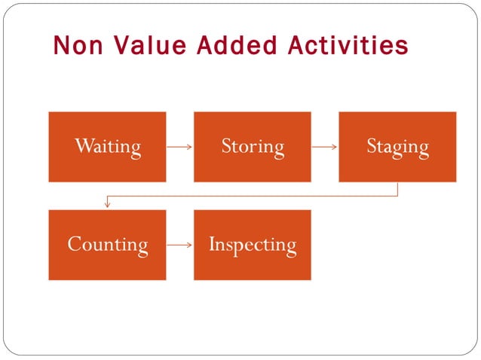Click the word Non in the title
pos(78,45)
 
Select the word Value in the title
pos(150,45)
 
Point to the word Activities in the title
pos(349,45)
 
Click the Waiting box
pos(107,147)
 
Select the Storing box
pos(253,147)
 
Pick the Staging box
pos(397,147)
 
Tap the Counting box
pos(107,245)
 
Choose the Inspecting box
pos(253,245)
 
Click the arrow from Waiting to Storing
pos(179,147)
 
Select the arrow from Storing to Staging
pos(324,147)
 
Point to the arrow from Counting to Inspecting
pos(179,245)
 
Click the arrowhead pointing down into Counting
pos(108,205)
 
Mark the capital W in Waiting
pos(83,145)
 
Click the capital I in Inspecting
pos(213,244)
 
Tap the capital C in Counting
pos(74,244)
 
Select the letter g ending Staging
pos(422,148)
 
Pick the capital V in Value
pos(122,45)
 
